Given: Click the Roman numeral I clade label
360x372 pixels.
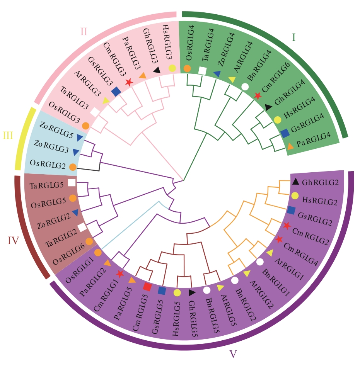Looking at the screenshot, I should click(x=293, y=37).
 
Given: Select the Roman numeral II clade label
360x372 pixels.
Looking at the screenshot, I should click(x=84, y=31).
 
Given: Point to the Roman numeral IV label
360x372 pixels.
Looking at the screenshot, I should click(x=14, y=241).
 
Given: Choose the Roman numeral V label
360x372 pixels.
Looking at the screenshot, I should click(x=233, y=354).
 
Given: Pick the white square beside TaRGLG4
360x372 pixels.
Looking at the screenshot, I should click(x=202, y=70).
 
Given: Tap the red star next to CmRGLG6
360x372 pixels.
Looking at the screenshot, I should click(x=258, y=95).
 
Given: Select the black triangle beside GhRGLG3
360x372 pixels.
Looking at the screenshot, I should click(x=157, y=70).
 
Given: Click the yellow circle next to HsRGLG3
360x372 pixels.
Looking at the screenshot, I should click(x=172, y=68).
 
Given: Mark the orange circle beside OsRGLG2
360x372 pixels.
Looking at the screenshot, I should click(x=72, y=167).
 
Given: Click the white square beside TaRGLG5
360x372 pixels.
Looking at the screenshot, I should click(x=72, y=182).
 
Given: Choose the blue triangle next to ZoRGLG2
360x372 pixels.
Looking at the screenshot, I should click(x=75, y=212).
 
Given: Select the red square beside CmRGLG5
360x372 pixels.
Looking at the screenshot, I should click(x=147, y=287).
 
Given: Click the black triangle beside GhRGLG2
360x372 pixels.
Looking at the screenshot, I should click(x=295, y=182).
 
